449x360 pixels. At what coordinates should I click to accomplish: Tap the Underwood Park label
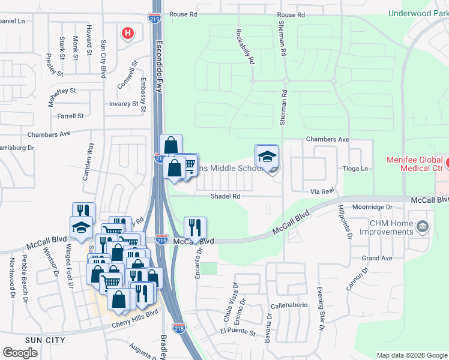[418, 13]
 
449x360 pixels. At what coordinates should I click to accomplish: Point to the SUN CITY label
[28, 340]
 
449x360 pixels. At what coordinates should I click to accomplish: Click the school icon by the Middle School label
[267, 157]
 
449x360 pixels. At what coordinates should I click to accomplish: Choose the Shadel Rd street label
[225, 196]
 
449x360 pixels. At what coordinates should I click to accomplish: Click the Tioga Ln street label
[355, 169]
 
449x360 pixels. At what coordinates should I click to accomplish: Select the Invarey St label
[123, 104]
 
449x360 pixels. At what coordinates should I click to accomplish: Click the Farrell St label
[70, 116]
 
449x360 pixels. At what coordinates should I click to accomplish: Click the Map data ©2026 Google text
[411, 355]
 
